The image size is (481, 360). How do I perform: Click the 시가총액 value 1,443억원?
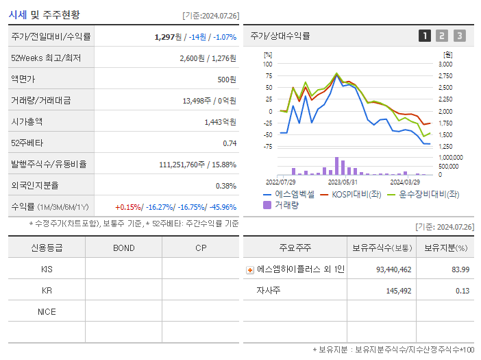click(x=220, y=121)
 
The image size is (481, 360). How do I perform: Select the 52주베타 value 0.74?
click(x=230, y=143)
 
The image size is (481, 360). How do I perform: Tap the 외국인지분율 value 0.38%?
click(x=225, y=185)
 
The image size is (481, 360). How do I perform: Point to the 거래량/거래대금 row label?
click(x=40, y=101)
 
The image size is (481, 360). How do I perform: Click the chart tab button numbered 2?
click(x=442, y=36)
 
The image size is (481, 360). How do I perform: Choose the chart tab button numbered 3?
click(x=459, y=36)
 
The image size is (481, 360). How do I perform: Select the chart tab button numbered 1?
click(x=425, y=36)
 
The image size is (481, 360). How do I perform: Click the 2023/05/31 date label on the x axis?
click(x=343, y=182)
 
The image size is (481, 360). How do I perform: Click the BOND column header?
click(x=123, y=248)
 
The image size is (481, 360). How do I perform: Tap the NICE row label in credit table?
click(x=47, y=311)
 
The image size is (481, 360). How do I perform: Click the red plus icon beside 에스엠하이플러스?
click(x=250, y=270)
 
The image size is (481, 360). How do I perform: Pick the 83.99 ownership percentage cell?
click(x=460, y=269)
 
